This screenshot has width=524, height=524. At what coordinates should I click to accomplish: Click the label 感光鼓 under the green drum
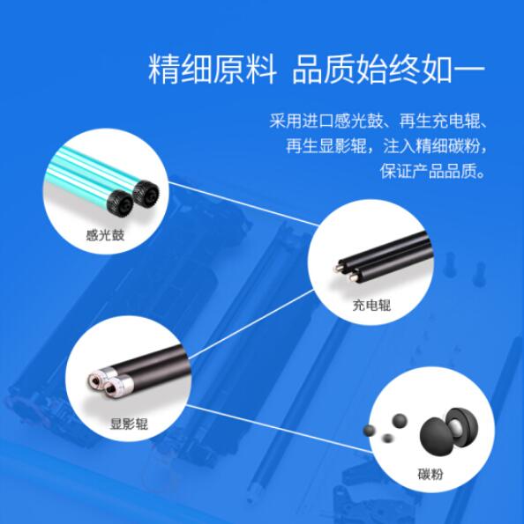pyautogui.click(x=105, y=235)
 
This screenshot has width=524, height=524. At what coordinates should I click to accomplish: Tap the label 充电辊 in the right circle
pyautogui.click(x=371, y=305)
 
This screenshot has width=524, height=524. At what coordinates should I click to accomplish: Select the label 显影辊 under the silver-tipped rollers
pyautogui.click(x=129, y=424)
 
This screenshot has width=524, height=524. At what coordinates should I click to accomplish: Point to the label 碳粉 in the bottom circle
pyautogui.click(x=430, y=474)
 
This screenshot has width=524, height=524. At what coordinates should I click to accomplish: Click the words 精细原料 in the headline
pyautogui.click(x=213, y=70)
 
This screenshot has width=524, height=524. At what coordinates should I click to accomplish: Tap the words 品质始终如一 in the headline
pyautogui.click(x=388, y=70)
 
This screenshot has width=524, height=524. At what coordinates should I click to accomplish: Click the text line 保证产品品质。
pyautogui.click(x=432, y=171)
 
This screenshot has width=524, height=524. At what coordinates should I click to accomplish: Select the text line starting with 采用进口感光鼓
pyautogui.click(x=378, y=121)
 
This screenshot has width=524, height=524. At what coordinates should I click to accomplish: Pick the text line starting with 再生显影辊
pyautogui.click(x=386, y=145)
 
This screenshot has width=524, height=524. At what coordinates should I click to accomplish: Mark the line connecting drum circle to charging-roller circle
pyautogui.click(x=243, y=204)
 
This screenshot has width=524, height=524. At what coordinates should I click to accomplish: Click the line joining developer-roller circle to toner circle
pyautogui.click(x=280, y=429)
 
